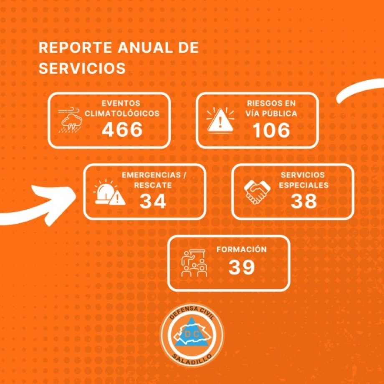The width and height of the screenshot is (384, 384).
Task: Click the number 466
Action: click(122, 130)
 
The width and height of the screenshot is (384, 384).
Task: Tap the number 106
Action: click(271, 131)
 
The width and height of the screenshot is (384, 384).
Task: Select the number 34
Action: click(153, 202)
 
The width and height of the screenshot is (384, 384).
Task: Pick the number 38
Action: click(303, 202)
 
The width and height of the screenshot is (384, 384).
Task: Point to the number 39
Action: click(242, 268)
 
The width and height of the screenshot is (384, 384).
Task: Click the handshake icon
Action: click(256, 192)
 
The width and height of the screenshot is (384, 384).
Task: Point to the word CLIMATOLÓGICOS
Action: click(122, 114)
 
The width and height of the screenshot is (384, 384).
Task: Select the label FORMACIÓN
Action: click(241, 250)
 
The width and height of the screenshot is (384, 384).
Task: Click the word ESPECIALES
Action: click(303, 185)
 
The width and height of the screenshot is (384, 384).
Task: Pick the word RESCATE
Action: click(153, 185)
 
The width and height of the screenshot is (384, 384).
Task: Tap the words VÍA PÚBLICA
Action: click(271, 114)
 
